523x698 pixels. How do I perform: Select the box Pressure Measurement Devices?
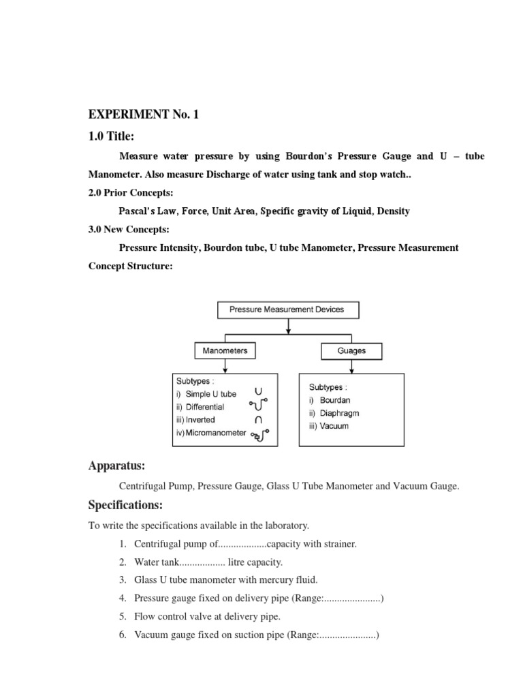pos(288,309)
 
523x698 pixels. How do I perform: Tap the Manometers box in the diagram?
pos(225,351)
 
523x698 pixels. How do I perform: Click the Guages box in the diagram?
pos(351,351)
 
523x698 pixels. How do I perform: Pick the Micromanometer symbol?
pos(260,434)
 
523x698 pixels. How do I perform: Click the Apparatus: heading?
pos(116,466)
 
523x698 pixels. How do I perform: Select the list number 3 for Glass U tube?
pos(123,580)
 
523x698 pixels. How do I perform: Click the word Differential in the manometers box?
pos(202,407)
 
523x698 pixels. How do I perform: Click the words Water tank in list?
pos(157,562)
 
